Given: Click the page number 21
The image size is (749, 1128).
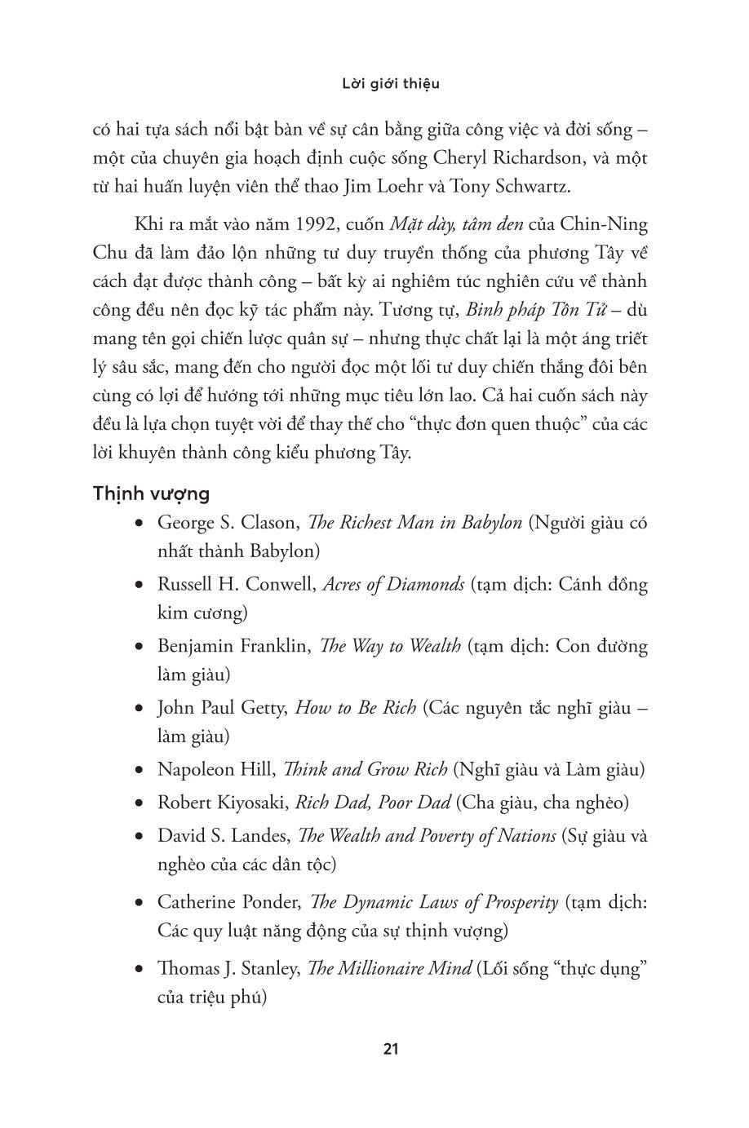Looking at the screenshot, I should point(390,1049).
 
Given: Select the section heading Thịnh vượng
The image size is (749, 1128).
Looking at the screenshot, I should point(152,493).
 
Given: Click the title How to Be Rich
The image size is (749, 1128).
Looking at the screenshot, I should point(356,708).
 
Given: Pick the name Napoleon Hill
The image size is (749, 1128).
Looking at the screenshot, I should point(215,769).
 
